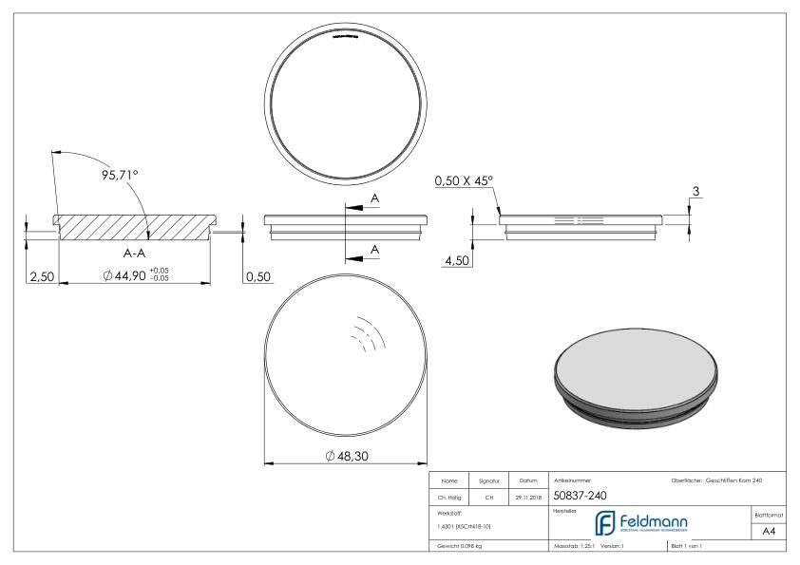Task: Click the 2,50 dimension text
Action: [x=40, y=276]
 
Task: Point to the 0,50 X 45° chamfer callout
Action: [x=465, y=179]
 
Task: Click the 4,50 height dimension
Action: [x=459, y=261]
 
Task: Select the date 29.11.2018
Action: [x=527, y=495]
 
